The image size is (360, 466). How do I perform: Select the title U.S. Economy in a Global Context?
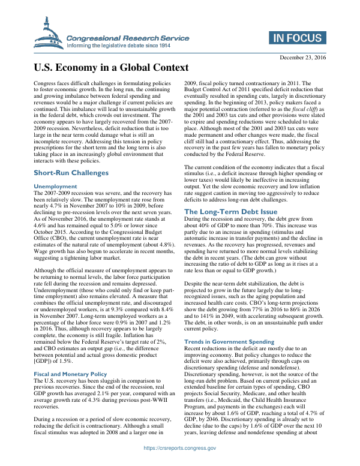click(x=110, y=68)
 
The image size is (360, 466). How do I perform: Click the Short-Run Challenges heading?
click(x=71, y=173)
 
